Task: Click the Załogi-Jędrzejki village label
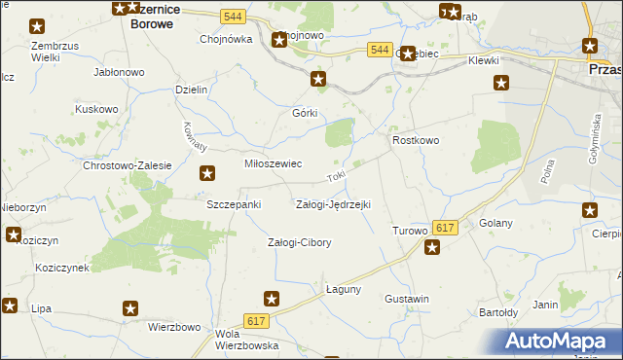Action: point(333,204)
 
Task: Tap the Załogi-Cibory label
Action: point(300,242)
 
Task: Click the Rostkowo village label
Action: point(416,141)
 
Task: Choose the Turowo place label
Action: point(409,231)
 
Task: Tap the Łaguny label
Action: point(343,289)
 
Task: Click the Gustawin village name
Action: point(407,299)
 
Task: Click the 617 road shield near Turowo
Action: point(445,227)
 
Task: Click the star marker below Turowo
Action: point(432,247)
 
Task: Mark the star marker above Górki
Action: point(317,79)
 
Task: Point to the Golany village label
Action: point(496,223)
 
